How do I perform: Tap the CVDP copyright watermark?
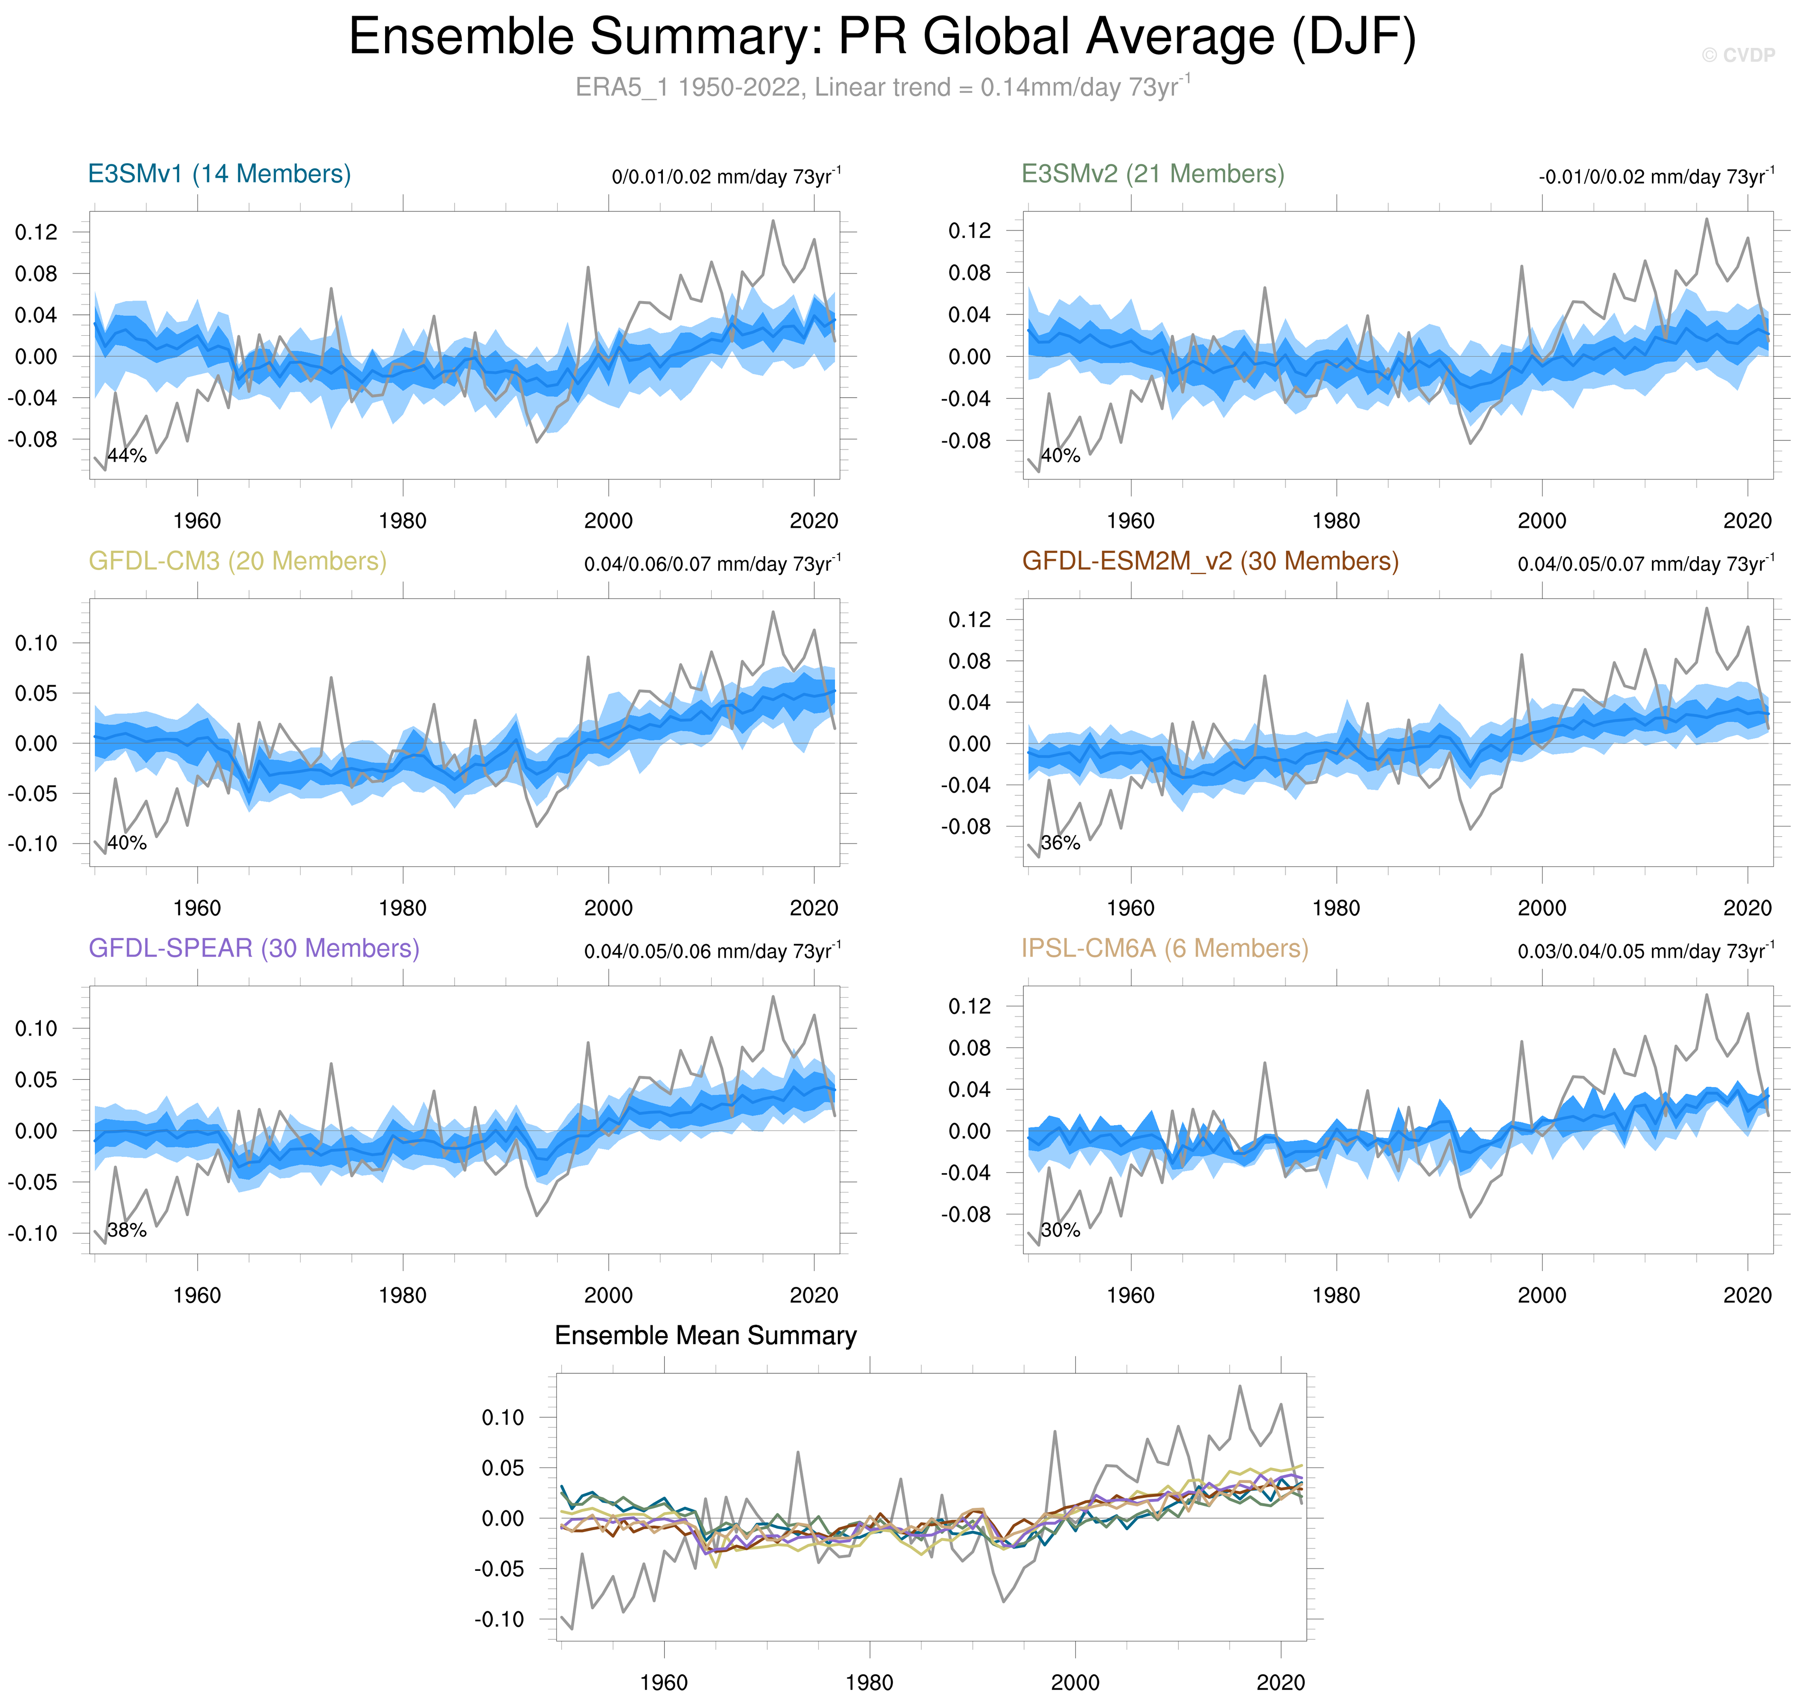pos(1737,55)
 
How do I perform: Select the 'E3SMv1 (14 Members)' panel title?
pos(219,174)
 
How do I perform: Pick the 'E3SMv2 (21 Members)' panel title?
pos(1152,174)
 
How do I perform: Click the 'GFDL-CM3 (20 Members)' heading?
pos(238,561)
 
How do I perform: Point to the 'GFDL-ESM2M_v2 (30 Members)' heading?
pos(1210,561)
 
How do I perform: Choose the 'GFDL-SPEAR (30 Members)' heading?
pos(254,948)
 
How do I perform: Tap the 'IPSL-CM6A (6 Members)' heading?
pos(1164,948)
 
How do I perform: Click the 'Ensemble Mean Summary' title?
pos(705,1335)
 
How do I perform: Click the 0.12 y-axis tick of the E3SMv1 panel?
pos(37,232)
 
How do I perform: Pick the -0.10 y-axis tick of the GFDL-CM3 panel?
pos(33,844)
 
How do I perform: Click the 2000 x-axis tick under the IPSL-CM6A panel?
pos(1542,1295)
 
